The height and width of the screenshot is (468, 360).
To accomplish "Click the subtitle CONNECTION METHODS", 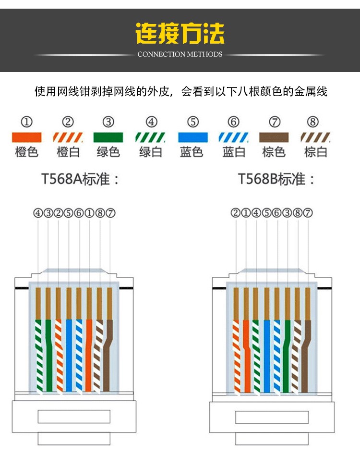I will [180, 54].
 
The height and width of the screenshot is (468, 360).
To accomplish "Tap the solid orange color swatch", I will [26, 137].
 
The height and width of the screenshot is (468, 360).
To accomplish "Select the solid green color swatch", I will [108, 137].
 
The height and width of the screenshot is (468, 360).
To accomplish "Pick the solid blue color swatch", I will [193, 137].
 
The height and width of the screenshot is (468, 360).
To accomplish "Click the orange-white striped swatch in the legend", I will [68, 137].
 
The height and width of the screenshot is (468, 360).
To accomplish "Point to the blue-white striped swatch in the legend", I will [234, 137].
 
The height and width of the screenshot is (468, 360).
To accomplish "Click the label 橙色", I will [26, 152].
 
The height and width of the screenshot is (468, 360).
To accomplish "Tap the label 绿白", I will [151, 152].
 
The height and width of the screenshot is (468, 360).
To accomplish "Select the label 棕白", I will [316, 152].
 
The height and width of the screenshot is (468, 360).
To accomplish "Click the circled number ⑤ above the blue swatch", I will [193, 122].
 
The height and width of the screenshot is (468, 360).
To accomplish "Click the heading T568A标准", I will [80, 180].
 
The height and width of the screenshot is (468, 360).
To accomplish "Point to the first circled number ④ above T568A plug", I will [38, 213].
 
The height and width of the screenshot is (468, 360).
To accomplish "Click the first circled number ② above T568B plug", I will [235, 213].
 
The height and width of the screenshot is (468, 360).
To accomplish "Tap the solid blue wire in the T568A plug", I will [69, 356].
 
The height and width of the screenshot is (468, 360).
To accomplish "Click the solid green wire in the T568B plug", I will [287, 356].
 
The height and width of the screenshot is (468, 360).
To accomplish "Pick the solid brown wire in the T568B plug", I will [306, 356].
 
